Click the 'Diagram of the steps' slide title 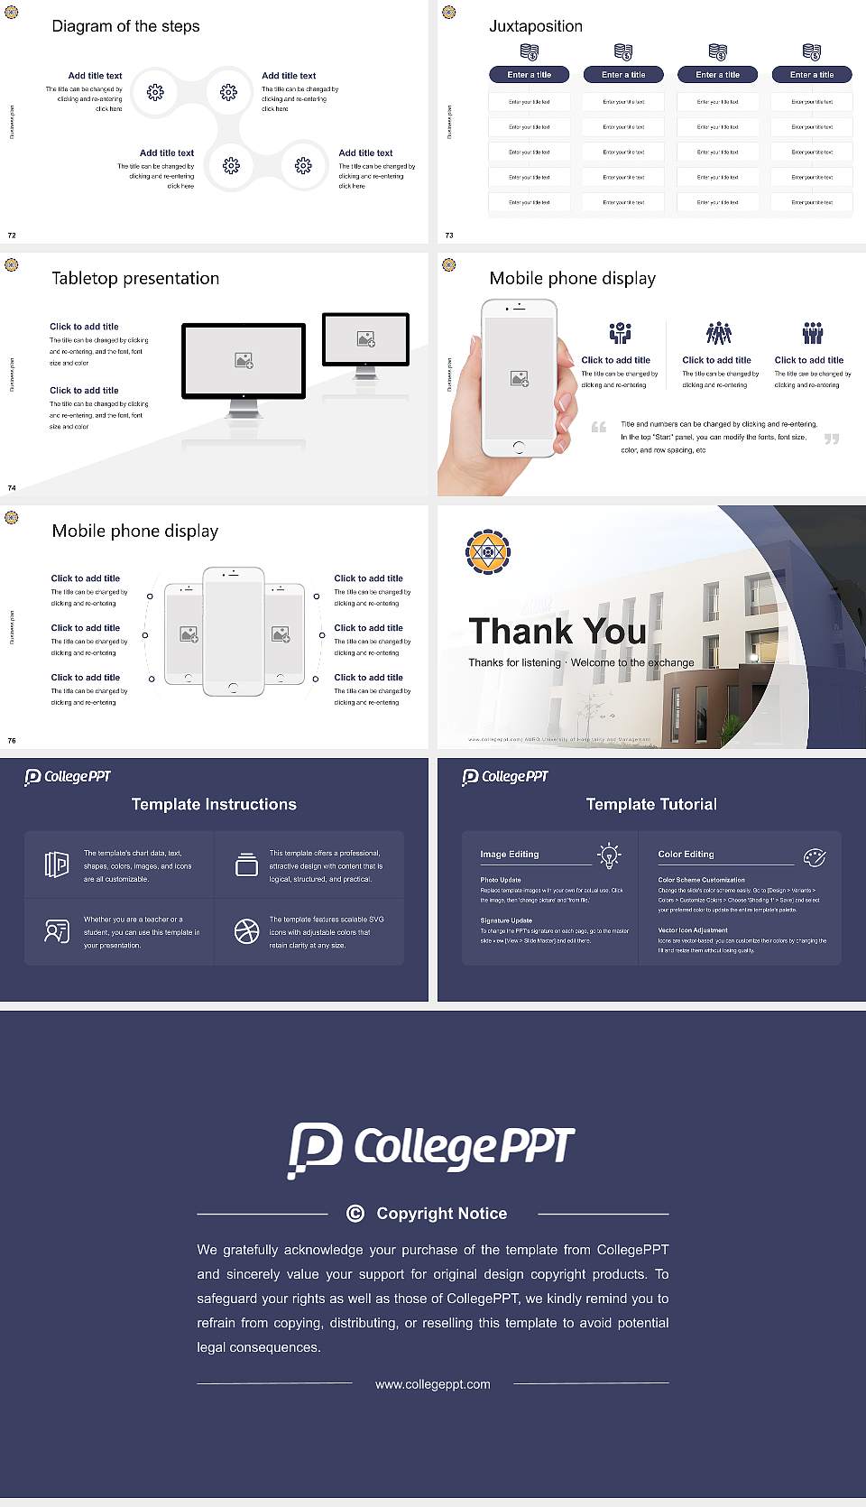click(x=125, y=26)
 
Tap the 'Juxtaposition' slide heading click(x=536, y=26)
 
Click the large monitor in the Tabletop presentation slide click(x=244, y=361)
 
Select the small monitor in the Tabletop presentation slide click(x=365, y=339)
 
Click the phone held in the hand click(x=519, y=378)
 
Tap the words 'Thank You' click(x=557, y=631)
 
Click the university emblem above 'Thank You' click(x=488, y=551)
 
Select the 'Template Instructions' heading click(x=214, y=804)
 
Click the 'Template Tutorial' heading click(x=651, y=804)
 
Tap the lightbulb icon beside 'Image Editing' click(x=610, y=855)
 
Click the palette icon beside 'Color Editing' click(x=815, y=856)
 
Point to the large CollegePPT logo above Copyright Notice click(x=431, y=1149)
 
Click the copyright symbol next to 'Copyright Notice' click(x=355, y=1214)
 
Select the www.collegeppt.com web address click(x=433, y=1384)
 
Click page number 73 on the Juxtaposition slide click(x=449, y=236)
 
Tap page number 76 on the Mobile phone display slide click(x=12, y=741)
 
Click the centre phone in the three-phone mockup click(x=233, y=631)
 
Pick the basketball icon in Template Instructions click(x=246, y=931)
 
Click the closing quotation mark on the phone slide click(x=832, y=439)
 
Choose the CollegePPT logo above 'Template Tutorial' click(x=505, y=776)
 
